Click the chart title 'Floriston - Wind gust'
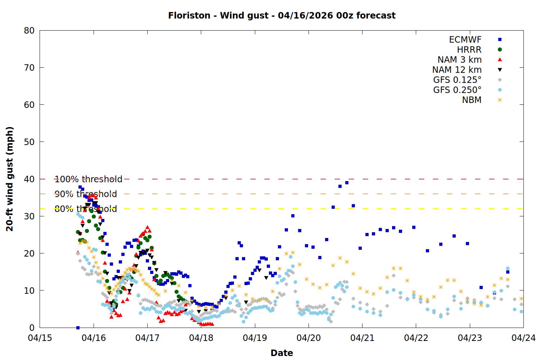point(282,15)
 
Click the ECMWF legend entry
point(465,40)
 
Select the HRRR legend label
point(469,50)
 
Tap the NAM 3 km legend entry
point(459,60)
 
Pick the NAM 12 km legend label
point(457,70)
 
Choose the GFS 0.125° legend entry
point(457,80)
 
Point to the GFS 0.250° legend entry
point(457,90)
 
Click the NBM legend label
point(472,100)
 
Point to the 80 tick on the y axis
point(30,31)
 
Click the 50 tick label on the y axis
point(30,142)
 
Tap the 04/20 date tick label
point(309,338)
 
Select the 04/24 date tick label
point(523,338)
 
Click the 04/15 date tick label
point(40,338)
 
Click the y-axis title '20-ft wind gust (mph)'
point(10,179)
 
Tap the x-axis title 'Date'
point(282,353)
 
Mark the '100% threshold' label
point(88,179)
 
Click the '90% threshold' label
point(86,194)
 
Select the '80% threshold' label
point(86,209)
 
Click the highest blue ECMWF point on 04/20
point(347,183)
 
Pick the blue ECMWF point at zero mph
point(78,328)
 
